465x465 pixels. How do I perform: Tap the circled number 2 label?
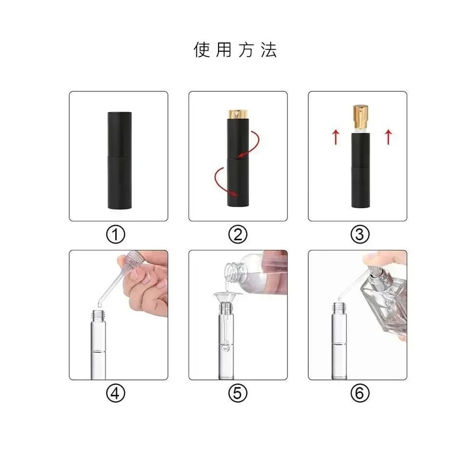pyautogui.click(x=237, y=234)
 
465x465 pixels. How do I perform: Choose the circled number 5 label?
pyautogui.click(x=237, y=394)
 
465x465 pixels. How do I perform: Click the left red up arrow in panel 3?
pyautogui.click(x=335, y=138)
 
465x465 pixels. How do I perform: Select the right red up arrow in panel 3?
pyautogui.click(x=388, y=138)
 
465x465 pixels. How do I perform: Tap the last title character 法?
pyautogui.click(x=269, y=50)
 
